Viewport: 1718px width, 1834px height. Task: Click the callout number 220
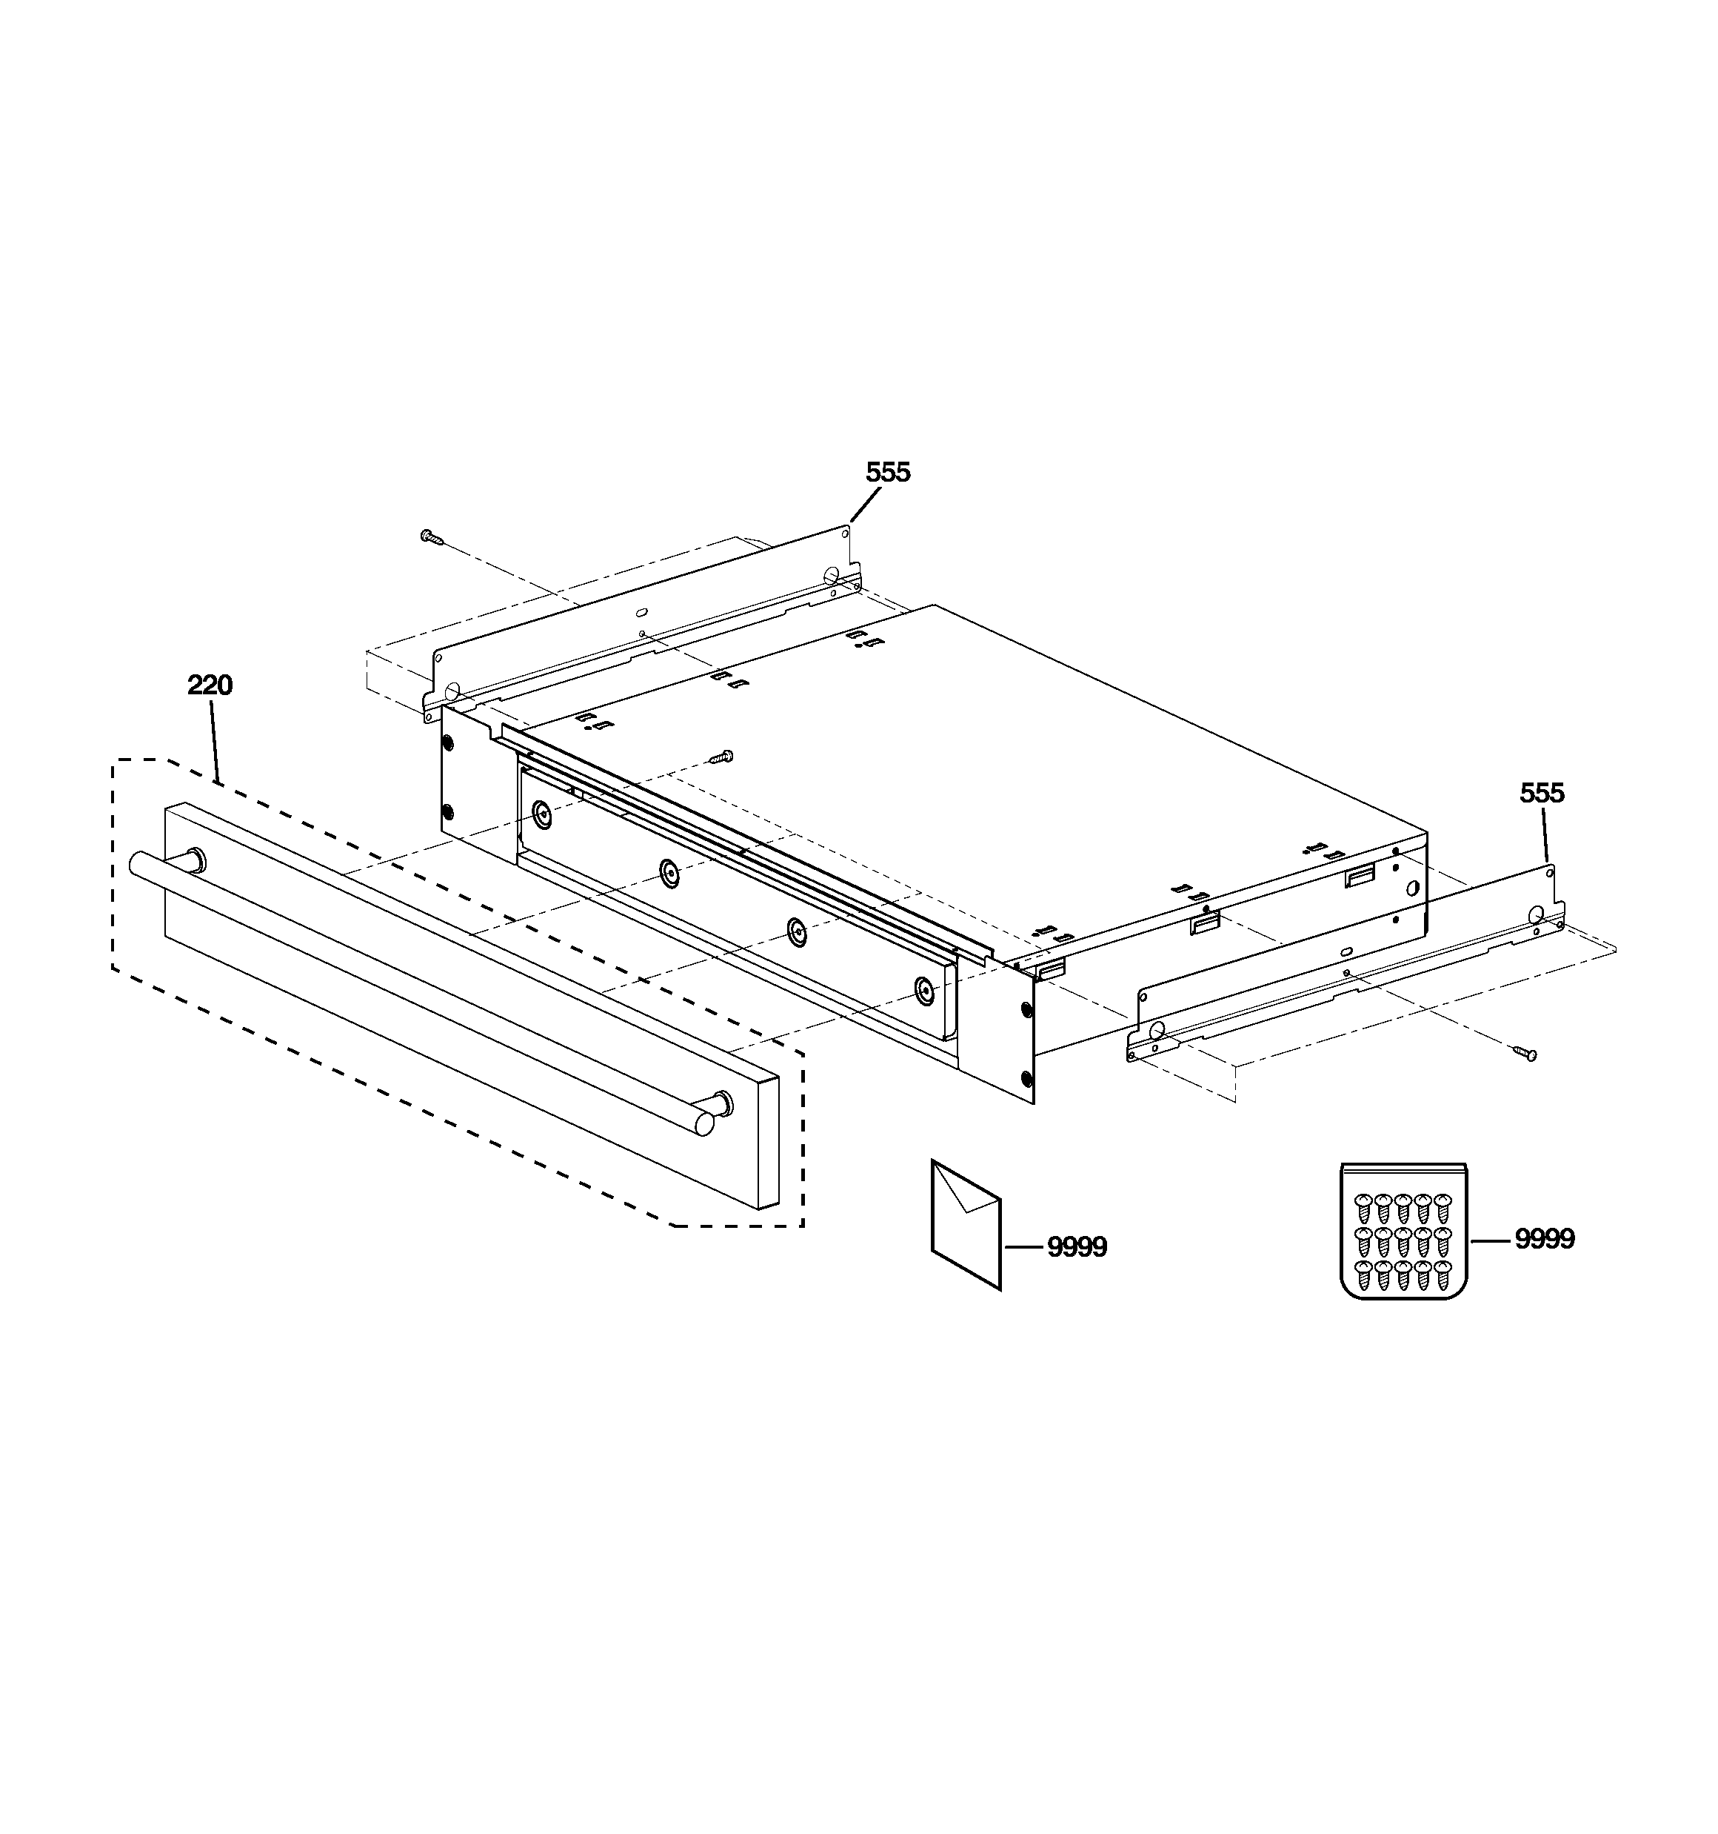(210, 685)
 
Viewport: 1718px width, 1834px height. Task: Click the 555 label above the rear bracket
(888, 472)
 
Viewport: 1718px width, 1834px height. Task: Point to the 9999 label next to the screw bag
(1545, 1239)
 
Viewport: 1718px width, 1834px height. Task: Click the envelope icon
(966, 1224)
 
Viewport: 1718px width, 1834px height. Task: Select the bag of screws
(1403, 1231)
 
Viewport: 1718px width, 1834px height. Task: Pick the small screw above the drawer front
(721, 757)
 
